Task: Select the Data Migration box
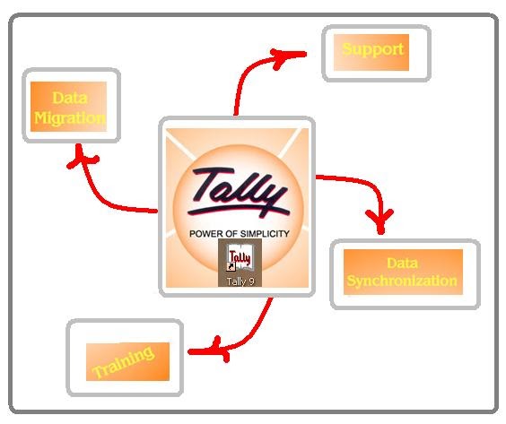pyautogui.click(x=69, y=107)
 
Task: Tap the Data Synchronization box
pyautogui.click(x=404, y=272)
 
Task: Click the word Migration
pyautogui.click(x=69, y=117)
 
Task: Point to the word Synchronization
pyautogui.click(x=404, y=281)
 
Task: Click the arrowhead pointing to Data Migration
pyautogui.click(x=83, y=158)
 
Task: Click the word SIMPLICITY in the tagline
pyautogui.click(x=261, y=233)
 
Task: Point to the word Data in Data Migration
pyautogui.click(x=69, y=97)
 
